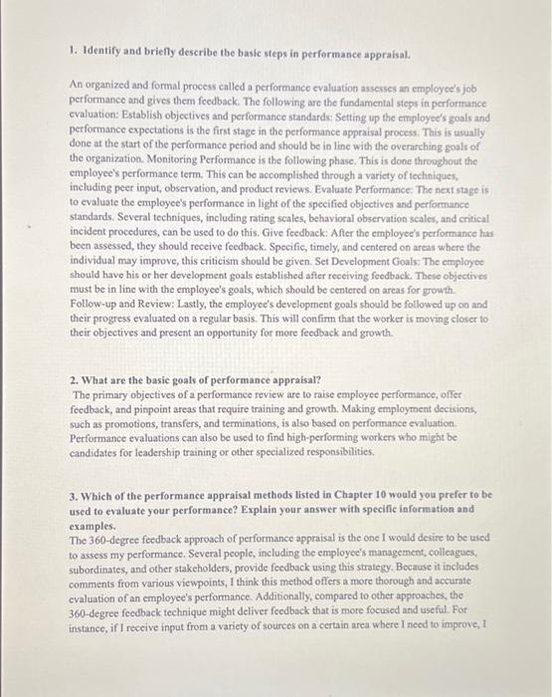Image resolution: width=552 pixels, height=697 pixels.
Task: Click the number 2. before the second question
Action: pos(76,381)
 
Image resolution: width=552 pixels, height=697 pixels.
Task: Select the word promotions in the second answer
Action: pos(135,422)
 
